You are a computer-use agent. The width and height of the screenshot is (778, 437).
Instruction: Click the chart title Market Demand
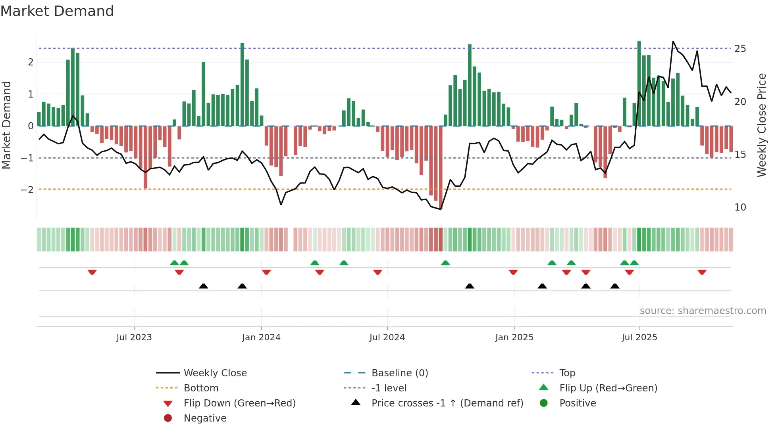pos(57,11)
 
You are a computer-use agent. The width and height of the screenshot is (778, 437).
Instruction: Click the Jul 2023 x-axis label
pos(134,337)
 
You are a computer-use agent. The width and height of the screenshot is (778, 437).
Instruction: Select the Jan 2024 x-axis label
pos(261,337)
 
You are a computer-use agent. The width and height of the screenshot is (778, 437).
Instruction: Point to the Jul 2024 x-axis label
pos(387,337)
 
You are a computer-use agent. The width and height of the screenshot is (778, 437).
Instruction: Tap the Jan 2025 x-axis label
pos(514,337)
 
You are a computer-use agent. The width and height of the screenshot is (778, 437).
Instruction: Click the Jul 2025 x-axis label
pos(639,337)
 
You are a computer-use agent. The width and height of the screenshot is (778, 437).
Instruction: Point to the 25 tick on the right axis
pos(740,49)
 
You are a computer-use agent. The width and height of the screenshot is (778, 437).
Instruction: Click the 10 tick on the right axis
pos(740,207)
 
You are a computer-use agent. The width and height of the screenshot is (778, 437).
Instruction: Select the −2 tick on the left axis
pos(27,190)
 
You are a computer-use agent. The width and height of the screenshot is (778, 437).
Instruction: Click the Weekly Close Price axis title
pos(761,125)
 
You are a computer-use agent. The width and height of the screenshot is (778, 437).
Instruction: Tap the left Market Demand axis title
pos(6,125)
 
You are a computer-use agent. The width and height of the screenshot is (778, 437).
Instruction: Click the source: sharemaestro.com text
pos(703,311)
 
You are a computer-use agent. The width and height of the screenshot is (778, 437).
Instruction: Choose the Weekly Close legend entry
pos(215,373)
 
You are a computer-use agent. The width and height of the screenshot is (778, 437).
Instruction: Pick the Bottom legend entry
pos(201,388)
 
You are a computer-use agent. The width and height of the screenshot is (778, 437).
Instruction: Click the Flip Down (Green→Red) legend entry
pos(239,403)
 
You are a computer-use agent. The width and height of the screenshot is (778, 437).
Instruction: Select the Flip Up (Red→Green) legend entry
pos(608,388)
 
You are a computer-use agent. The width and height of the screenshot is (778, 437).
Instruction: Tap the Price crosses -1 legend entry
pos(447,403)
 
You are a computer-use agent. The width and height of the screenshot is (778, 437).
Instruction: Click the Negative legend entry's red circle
pos(168,418)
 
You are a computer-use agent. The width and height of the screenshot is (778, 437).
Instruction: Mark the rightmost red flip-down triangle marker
pos(702,272)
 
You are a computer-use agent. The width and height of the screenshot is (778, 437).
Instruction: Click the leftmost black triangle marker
pos(203,286)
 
